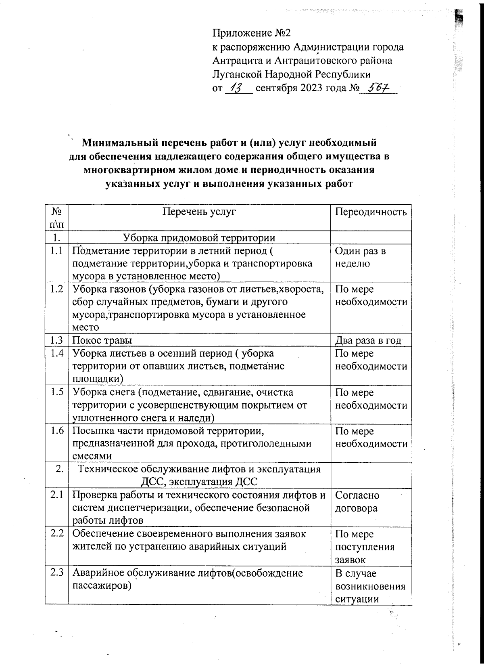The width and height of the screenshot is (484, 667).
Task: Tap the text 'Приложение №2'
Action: point(257,33)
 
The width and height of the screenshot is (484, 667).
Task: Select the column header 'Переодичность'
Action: point(371,212)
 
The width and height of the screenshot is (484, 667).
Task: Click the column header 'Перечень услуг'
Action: point(199,212)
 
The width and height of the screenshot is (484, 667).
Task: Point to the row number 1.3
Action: point(57,340)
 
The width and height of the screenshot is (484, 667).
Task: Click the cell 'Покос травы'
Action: point(102,340)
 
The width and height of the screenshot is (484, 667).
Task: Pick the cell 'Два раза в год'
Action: point(368,340)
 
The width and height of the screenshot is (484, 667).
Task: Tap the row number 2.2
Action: point(57,534)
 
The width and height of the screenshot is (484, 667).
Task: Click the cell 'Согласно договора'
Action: point(357,501)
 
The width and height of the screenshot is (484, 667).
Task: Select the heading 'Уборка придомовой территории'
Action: point(199,237)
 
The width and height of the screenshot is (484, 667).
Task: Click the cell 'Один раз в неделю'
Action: point(360,257)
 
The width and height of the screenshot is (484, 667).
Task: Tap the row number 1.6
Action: point(57,431)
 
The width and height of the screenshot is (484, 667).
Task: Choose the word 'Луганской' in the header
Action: point(238,74)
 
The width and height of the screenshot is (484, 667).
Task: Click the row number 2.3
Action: point(57,573)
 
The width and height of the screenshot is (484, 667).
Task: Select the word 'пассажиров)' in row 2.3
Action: point(102,586)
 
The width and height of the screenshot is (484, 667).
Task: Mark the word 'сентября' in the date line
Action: point(276,88)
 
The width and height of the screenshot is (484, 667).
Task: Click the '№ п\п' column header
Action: point(57,217)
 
